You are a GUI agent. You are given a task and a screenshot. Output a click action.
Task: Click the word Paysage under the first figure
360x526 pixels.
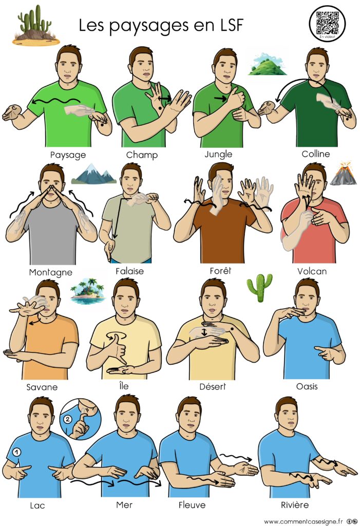(68, 155)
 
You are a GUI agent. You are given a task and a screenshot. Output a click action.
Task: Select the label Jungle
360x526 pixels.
(218, 154)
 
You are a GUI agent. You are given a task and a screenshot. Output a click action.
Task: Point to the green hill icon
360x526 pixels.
(267, 64)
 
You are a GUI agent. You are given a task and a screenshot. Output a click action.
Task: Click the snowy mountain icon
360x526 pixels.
(94, 174)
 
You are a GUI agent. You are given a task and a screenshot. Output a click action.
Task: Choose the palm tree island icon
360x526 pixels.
(88, 291)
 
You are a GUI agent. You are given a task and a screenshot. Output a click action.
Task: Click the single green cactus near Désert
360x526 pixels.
(259, 288)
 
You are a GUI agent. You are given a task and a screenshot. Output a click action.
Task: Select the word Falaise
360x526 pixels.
(129, 271)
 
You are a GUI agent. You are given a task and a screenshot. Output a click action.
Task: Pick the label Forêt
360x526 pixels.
(220, 270)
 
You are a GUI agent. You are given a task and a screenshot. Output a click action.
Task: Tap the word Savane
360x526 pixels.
(42, 387)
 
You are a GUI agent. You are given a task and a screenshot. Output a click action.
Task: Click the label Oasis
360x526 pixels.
(307, 386)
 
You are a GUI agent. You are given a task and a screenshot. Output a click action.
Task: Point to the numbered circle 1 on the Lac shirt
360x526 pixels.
(16, 452)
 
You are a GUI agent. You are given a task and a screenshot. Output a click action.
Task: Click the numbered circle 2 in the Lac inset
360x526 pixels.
(67, 419)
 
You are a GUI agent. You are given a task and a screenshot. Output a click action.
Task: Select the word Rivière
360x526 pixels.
(295, 505)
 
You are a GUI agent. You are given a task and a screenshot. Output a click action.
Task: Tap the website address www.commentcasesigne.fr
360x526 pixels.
(304, 521)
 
